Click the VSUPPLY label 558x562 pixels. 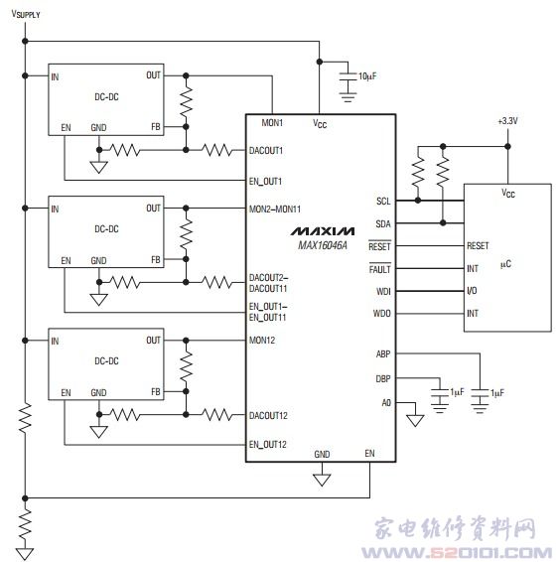pyautogui.click(x=26, y=14)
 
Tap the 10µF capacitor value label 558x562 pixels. pyautogui.click(x=367, y=76)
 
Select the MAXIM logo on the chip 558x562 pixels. pyautogui.click(x=323, y=231)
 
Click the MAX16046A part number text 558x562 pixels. pyautogui.click(x=323, y=245)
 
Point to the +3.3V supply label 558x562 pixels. pyautogui.click(x=507, y=121)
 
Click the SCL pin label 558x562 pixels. pyautogui.click(x=383, y=202)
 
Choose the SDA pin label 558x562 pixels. pyautogui.click(x=382, y=224)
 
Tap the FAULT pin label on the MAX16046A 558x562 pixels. pyautogui.click(x=379, y=268)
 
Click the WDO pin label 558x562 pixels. pyautogui.click(x=381, y=314)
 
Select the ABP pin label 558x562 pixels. pyautogui.click(x=383, y=354)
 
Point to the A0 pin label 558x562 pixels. pyautogui.click(x=386, y=403)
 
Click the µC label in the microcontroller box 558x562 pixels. pyautogui.click(x=505, y=264)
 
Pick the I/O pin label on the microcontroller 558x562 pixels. pyautogui.click(x=472, y=291)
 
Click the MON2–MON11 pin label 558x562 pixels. pyautogui.click(x=274, y=209)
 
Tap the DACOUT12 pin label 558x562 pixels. pyautogui.click(x=268, y=416)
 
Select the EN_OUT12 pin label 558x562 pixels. pyautogui.click(x=268, y=445)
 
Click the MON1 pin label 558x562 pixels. pyautogui.click(x=272, y=123)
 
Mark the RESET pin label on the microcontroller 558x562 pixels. pyautogui.click(x=478, y=246)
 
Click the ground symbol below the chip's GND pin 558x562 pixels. pyautogui.click(x=322, y=480)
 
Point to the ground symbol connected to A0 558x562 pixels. pyautogui.click(x=415, y=420)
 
